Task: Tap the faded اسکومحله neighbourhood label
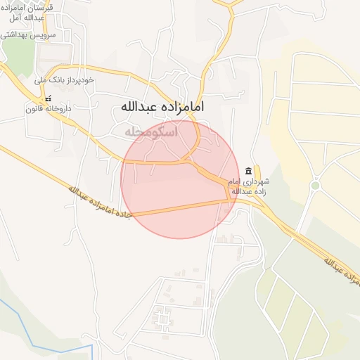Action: [150, 131]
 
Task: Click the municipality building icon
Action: [247, 172]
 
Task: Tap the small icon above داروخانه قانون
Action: [48, 99]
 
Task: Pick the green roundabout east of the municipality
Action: [315, 186]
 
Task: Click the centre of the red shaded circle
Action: [180, 179]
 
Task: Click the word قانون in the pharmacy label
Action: [34, 109]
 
